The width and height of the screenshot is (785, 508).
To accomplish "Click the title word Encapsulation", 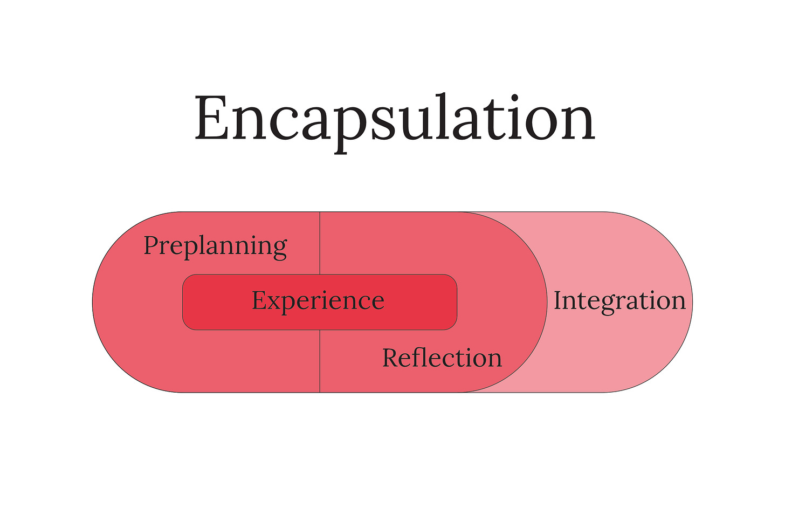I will pos(394,119).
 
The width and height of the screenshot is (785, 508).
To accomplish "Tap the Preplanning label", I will pos(215,246).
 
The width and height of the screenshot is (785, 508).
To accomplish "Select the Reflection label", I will pos(442,358).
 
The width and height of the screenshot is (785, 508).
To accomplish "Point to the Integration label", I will pos(619,300).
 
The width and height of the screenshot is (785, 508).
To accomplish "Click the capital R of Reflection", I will pos(392,358).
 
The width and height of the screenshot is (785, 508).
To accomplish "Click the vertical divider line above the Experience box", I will pos(320,243).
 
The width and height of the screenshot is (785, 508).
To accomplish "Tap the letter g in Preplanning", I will pos(279,250).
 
